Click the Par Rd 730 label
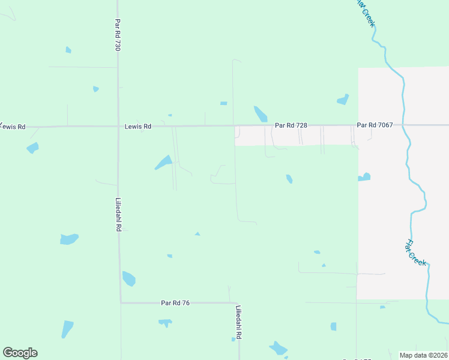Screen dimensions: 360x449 [x=117, y=34]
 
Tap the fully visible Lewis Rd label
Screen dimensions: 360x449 [x=138, y=127]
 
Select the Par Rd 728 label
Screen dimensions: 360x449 [x=291, y=125]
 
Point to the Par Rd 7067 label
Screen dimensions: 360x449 [x=375, y=125]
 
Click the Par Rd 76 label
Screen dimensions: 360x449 [x=175, y=303]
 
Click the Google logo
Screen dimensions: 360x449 [x=20, y=353]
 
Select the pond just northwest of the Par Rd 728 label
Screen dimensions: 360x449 [x=261, y=113]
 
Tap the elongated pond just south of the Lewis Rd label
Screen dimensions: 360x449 [x=163, y=162]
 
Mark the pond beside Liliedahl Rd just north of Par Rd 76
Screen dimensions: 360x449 [x=128, y=278]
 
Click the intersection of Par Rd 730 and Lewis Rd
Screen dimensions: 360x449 [x=118, y=127]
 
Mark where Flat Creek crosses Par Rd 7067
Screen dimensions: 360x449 [x=404, y=125]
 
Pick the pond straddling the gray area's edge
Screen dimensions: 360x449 [x=364, y=177]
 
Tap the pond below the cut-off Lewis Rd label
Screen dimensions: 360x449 [x=32, y=147]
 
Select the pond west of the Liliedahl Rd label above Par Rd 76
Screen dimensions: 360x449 [x=69, y=239]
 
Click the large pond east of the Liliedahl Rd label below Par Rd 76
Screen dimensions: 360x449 [x=278, y=348]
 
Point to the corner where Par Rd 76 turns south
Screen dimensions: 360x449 [x=238, y=303]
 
